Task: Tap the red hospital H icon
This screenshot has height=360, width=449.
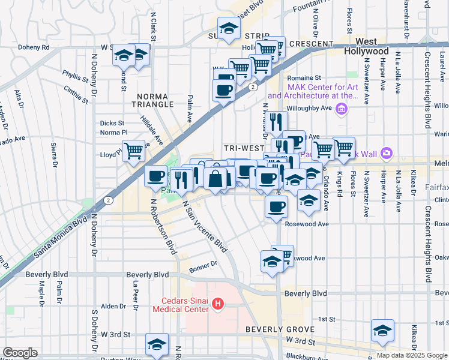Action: tap(218, 305)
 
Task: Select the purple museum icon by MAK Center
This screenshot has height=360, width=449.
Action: tap(342, 108)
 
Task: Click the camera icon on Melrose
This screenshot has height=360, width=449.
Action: tap(385, 154)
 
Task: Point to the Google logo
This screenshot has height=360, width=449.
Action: tap(20, 353)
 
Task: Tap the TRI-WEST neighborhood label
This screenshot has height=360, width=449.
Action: tap(244, 148)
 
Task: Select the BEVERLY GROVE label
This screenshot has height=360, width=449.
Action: tap(272, 330)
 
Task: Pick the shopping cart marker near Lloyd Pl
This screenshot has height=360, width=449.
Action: tap(133, 150)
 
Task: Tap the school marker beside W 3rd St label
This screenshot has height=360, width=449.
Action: tap(157, 344)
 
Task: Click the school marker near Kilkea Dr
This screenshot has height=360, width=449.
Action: tap(382, 329)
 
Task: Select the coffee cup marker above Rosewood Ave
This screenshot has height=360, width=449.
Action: tap(276, 207)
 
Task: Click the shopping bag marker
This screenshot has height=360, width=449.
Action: tap(215, 178)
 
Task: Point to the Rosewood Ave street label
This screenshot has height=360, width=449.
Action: tap(307, 224)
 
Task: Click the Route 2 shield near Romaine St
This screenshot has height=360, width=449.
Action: tap(254, 87)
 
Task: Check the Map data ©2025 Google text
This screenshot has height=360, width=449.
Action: tap(412, 355)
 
